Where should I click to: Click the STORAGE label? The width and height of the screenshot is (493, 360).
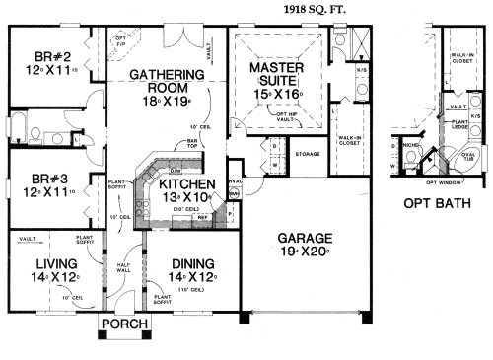point(307,154)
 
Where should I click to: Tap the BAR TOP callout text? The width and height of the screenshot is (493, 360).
point(193,144)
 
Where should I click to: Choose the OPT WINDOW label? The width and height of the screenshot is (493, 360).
point(444,182)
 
